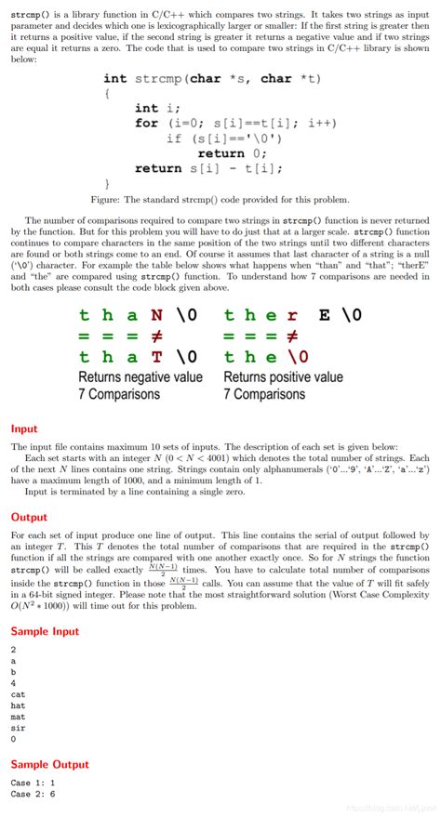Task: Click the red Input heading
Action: click(24, 428)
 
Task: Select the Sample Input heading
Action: click(44, 630)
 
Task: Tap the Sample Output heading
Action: click(49, 764)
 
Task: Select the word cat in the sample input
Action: click(19, 693)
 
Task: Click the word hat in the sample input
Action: click(19, 705)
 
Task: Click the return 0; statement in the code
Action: click(233, 153)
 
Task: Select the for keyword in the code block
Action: click(146, 124)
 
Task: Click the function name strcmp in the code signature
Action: click(157, 79)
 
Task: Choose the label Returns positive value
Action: click(283, 377)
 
